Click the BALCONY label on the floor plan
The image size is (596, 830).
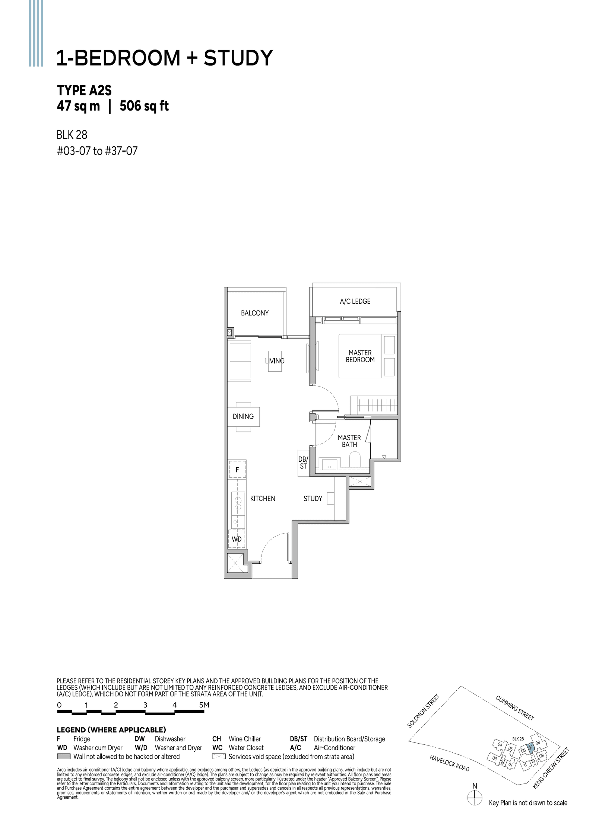click(254, 313)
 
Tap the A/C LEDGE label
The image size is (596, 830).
click(355, 301)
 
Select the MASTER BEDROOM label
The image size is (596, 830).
click(360, 356)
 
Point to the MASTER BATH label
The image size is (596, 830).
click(349, 441)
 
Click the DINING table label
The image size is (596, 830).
click(243, 416)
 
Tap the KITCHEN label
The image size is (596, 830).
click(262, 499)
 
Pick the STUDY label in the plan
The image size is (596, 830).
click(313, 499)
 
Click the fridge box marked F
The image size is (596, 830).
click(237, 470)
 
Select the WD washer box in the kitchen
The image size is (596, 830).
click(237, 539)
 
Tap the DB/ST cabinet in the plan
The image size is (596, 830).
click(303, 463)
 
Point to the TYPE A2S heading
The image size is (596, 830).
click(84, 90)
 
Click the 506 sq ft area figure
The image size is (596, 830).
click(144, 106)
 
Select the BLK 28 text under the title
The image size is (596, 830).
click(72, 134)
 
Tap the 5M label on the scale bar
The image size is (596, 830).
click(204, 705)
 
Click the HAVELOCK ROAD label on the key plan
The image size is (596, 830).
click(449, 763)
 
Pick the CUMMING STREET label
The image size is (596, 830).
click(515, 707)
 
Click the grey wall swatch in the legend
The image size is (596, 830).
click(64, 757)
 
